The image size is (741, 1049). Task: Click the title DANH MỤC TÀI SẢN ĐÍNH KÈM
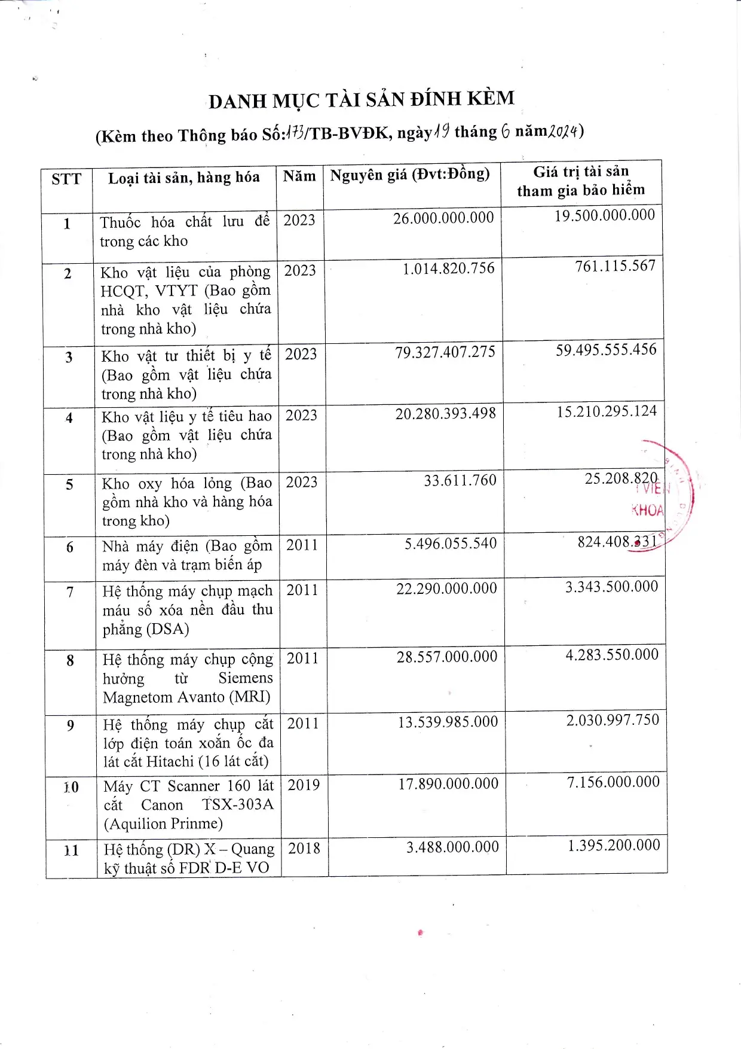362,99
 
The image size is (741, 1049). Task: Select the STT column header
66,179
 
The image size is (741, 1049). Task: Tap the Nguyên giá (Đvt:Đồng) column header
410,175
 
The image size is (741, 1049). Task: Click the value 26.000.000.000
443,218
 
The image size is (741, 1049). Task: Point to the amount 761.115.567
615,266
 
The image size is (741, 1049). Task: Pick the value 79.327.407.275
445,352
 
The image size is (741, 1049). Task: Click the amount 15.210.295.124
607,411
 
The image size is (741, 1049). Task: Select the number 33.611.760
460,480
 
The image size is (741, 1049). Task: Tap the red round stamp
663,496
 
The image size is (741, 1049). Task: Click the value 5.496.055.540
451,543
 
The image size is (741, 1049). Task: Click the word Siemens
245,678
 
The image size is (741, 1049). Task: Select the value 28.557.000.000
447,657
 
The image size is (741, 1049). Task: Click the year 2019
304,785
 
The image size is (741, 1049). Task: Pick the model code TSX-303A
237,804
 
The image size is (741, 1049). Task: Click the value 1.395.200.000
614,845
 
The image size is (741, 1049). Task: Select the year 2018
304,848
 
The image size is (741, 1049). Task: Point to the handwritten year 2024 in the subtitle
564,131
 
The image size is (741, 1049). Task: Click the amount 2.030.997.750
613,719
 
